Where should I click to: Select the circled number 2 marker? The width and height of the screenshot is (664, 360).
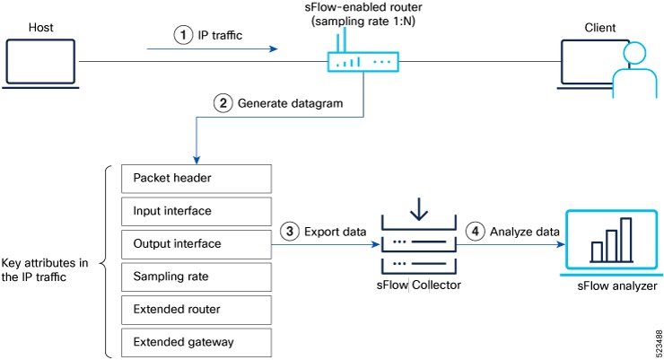pos(222,102)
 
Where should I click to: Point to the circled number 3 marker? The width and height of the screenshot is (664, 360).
pos(290,231)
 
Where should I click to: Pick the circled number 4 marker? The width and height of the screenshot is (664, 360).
pos(476,231)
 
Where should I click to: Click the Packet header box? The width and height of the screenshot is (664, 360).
pos(194,178)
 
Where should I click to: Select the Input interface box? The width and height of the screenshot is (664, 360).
pos(194,211)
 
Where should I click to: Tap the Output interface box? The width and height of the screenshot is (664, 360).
pos(194,243)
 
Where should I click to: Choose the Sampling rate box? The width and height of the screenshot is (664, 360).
pos(194,277)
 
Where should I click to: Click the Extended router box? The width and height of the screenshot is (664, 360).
pos(194,310)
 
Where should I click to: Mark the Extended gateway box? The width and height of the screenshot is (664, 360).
pos(194,342)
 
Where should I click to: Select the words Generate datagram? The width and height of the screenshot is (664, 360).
pos(290,103)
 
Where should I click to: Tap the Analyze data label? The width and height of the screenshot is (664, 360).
pos(525,232)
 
